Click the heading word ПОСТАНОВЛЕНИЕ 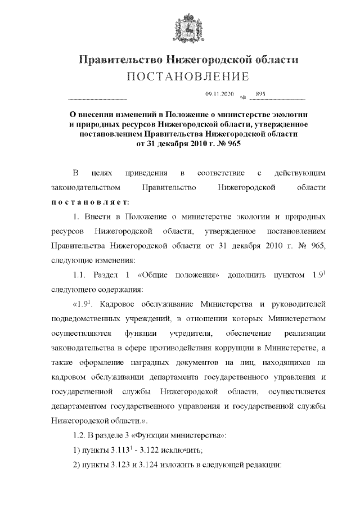180,76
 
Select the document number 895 260,94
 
